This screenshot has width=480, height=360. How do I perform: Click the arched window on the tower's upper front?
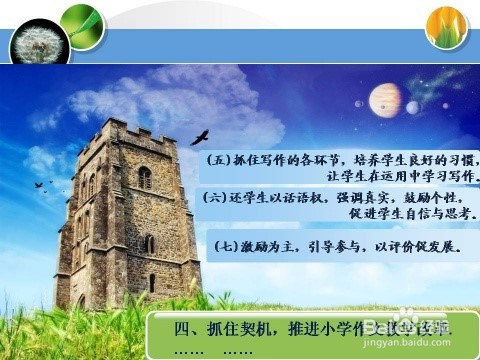click(x=145, y=178)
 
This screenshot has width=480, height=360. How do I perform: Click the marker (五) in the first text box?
click(x=218, y=160)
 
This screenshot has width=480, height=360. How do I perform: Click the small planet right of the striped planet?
click(x=413, y=107)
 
